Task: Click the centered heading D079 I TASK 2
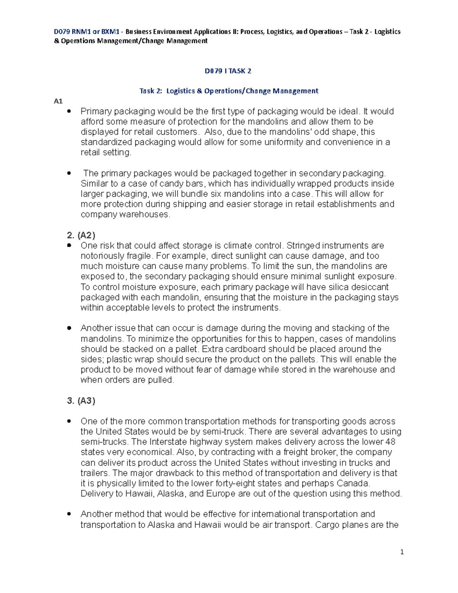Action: pyautogui.click(x=228, y=71)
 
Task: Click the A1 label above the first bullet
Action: pyautogui.click(x=58, y=101)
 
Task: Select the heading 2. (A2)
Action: pyautogui.click(x=81, y=235)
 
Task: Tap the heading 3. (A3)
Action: pyautogui.click(x=81, y=401)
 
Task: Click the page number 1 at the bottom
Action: pyautogui.click(x=402, y=552)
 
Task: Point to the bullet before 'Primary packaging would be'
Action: pyautogui.click(x=69, y=111)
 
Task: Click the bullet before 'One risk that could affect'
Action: pyautogui.click(x=69, y=246)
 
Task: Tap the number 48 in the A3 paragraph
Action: pyautogui.click(x=390, y=442)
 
